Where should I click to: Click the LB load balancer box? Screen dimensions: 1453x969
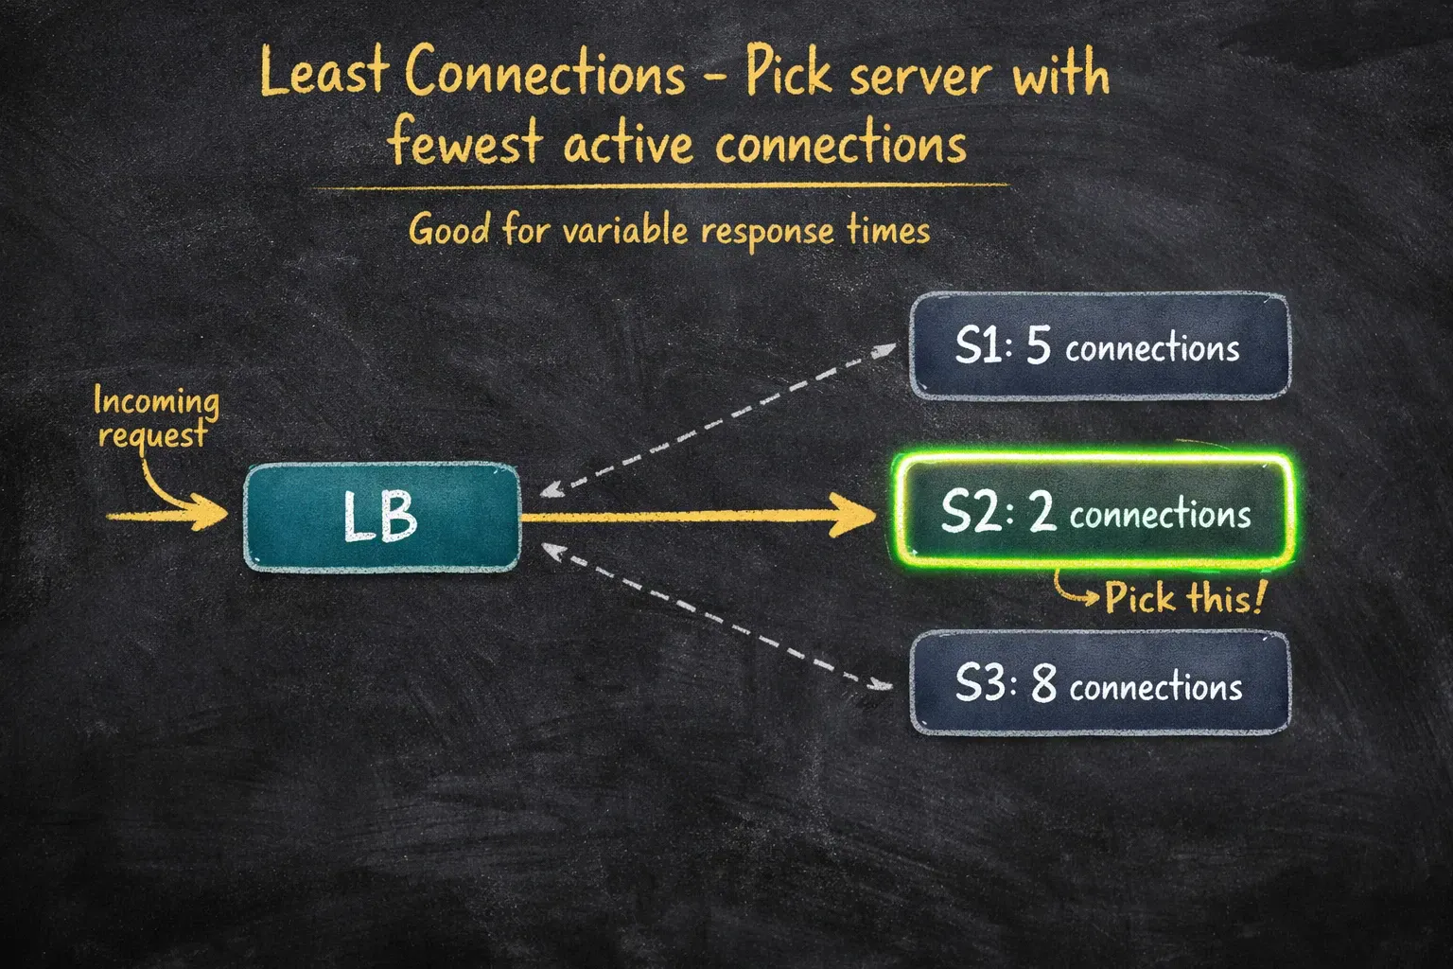point(382,517)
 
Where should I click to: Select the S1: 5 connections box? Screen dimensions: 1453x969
point(1100,345)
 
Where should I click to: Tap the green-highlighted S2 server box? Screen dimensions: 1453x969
point(1094,511)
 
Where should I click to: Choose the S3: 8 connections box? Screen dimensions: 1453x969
point(1100,683)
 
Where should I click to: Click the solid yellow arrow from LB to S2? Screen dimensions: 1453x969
point(699,516)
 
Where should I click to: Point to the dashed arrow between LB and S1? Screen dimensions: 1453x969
point(717,419)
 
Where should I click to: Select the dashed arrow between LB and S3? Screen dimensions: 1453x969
point(716,617)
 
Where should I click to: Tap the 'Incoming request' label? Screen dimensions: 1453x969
point(156,416)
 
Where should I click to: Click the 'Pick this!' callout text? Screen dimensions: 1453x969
point(1184,597)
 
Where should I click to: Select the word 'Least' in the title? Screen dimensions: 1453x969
point(324,73)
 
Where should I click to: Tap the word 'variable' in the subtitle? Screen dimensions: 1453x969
point(624,231)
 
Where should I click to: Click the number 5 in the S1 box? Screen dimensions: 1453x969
point(1038,345)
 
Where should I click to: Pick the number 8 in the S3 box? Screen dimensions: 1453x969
point(1043,684)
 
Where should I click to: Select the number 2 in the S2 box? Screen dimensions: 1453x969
point(1043,513)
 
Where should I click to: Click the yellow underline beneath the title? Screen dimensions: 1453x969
point(660,187)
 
